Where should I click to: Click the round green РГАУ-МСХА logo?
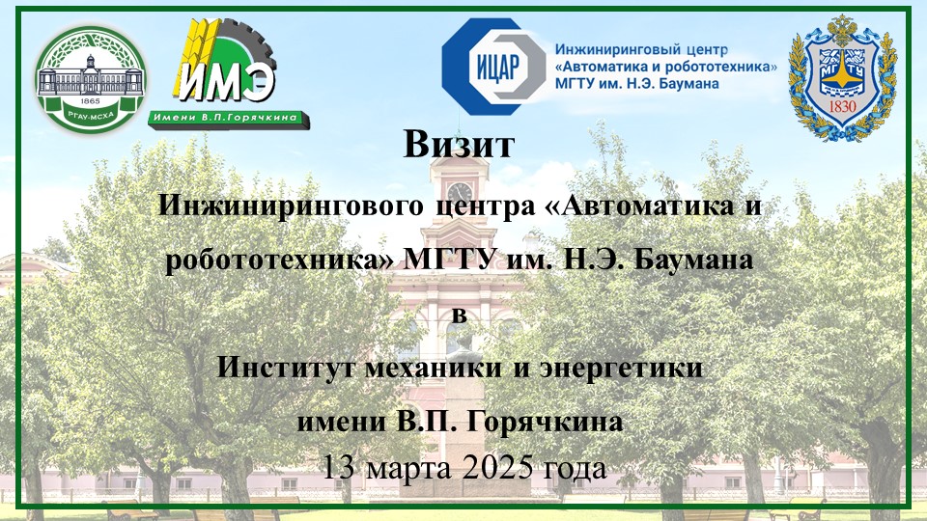coord(91,79)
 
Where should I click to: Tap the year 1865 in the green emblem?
coord(91,101)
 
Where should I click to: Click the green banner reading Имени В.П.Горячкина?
coord(229,118)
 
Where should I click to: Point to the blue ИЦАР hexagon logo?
coord(494,67)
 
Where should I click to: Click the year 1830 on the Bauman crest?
coord(842,107)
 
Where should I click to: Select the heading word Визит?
coord(459,144)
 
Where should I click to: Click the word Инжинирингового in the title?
coord(291,206)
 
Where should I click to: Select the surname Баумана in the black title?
coord(693,260)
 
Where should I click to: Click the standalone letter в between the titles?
coord(460,315)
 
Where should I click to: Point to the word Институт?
coord(287,368)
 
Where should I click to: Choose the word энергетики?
coord(621,369)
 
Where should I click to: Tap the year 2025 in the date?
coord(497,468)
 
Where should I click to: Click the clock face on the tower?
coord(460,192)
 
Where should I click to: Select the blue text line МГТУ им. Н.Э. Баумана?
coord(636,83)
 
